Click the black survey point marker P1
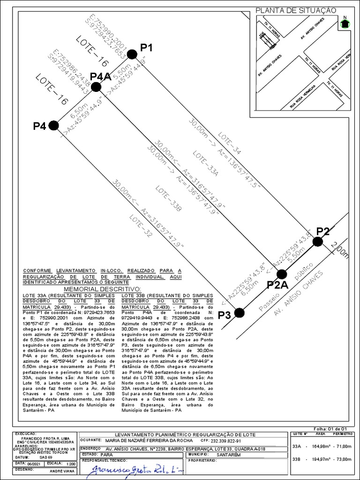coord(132,55)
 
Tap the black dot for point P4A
coord(96,87)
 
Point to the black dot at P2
coord(318,241)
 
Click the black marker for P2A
coord(282,274)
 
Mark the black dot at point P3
coord(240,313)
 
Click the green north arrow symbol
coord(345,23)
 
